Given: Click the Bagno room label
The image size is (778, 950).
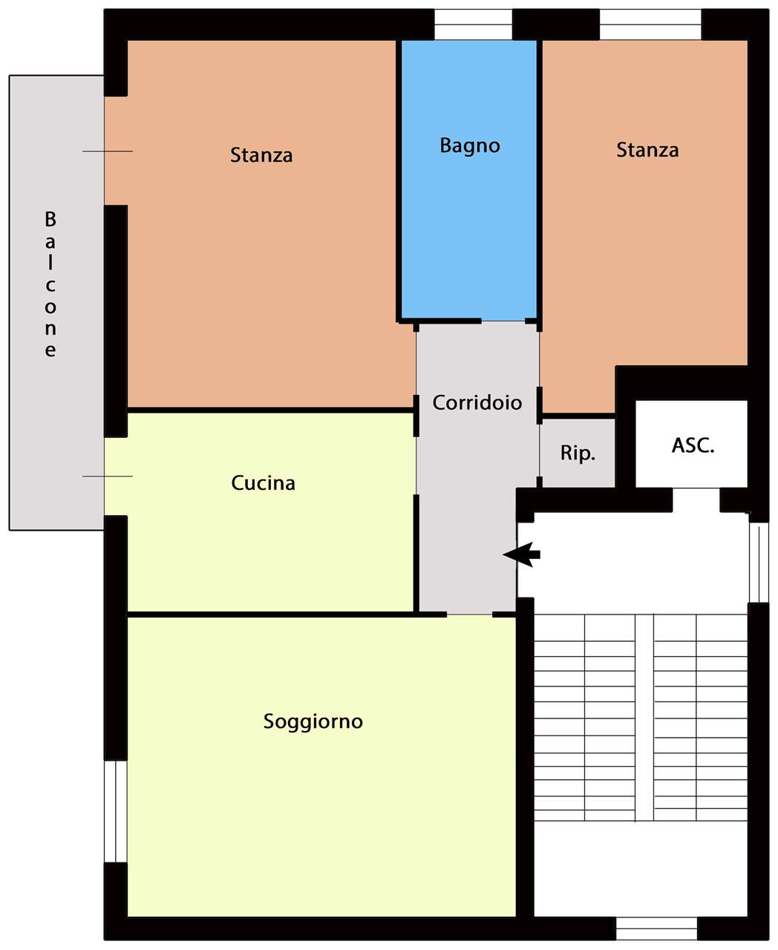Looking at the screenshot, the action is [x=470, y=146].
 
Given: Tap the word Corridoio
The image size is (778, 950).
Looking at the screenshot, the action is [x=477, y=403].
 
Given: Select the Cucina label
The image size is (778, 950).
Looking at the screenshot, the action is [x=263, y=483].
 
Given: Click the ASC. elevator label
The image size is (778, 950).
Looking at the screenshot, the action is [x=693, y=445].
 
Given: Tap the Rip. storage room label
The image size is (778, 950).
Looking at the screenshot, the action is [x=578, y=453].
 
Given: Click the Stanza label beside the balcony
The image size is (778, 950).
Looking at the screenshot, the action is [x=261, y=155].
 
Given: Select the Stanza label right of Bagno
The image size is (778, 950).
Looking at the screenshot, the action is [x=647, y=150].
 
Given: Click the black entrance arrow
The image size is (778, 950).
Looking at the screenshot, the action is [x=521, y=554].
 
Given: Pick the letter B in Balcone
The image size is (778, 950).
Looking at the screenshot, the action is [x=50, y=220].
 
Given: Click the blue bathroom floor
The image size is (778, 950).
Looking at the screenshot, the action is [x=469, y=225].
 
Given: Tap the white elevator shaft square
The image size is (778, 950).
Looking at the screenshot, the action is [x=691, y=444].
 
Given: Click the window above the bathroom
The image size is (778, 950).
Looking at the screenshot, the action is [x=473, y=24].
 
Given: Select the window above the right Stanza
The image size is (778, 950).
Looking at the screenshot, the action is [x=650, y=24].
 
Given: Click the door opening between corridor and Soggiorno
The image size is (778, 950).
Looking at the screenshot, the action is [x=469, y=614].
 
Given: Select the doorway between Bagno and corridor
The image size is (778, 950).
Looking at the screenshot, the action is [x=503, y=321].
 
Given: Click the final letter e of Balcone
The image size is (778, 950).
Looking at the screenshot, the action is [x=50, y=351].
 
